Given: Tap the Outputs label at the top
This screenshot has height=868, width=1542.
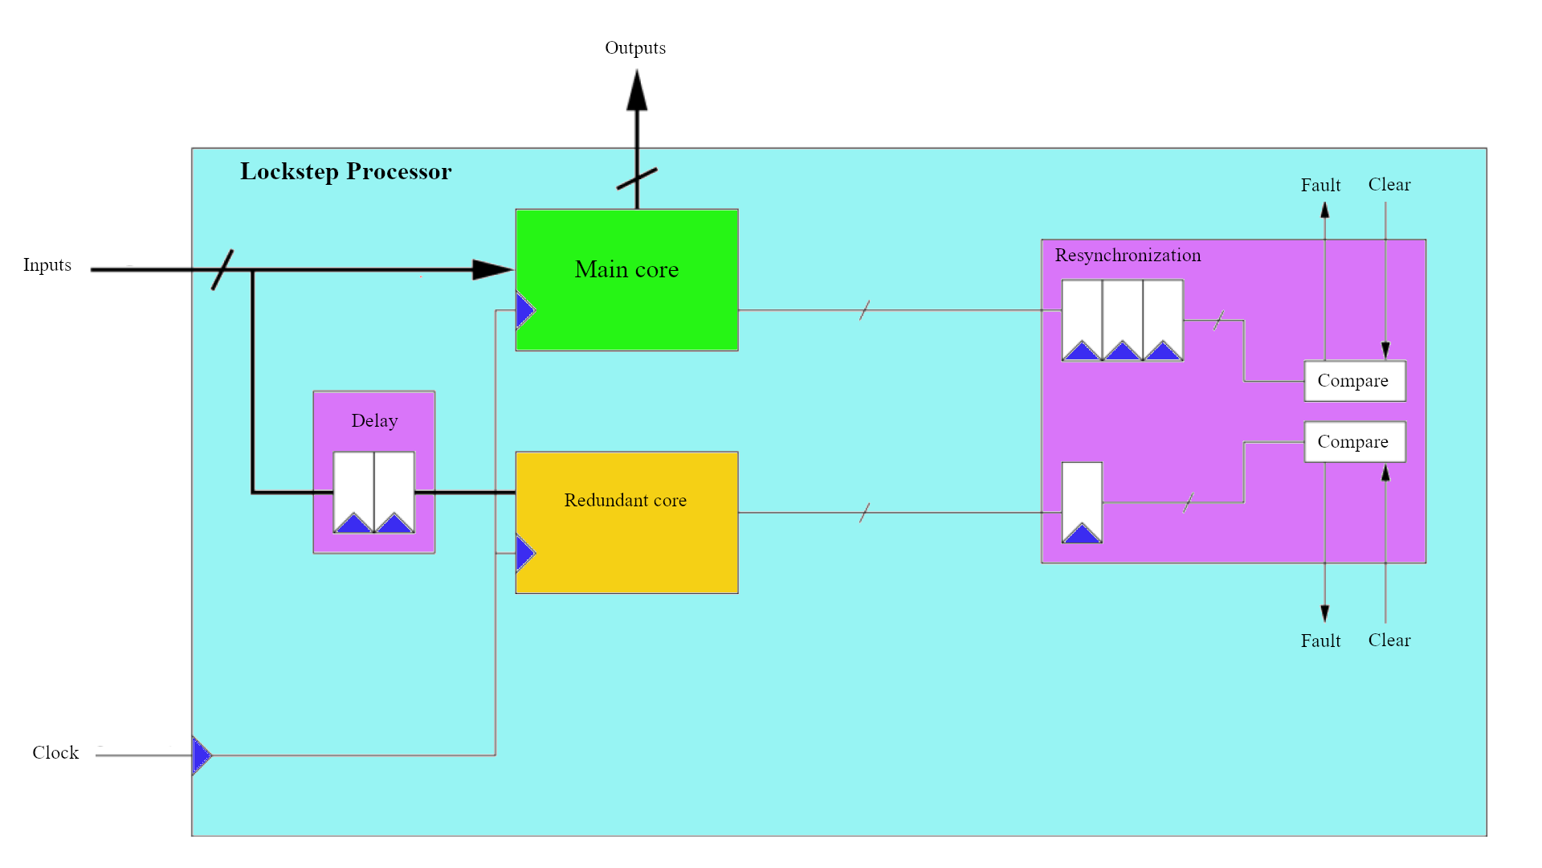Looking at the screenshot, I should [634, 48].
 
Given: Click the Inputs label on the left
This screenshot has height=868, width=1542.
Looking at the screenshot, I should [47, 265].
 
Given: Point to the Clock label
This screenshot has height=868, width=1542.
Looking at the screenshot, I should [55, 753].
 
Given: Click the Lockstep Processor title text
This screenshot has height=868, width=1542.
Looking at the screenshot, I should [345, 171].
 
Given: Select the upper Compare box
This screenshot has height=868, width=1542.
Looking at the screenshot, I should [1354, 381].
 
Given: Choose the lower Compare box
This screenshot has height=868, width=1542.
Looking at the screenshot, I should [1354, 442].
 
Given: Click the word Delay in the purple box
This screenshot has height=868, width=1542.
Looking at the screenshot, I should [374, 421].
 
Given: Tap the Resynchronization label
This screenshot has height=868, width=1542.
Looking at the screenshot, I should [1128, 256].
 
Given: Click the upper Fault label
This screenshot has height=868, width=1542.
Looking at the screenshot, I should [1320, 186].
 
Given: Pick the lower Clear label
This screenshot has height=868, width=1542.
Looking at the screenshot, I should [1389, 641].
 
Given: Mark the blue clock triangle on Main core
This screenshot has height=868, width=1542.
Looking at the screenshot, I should [525, 310].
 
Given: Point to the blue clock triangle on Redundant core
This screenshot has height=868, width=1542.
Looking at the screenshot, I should [525, 553].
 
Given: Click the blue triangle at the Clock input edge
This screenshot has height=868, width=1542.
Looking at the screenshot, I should [202, 755].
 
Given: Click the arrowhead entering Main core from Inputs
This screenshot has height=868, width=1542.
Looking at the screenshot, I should [492, 270].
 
